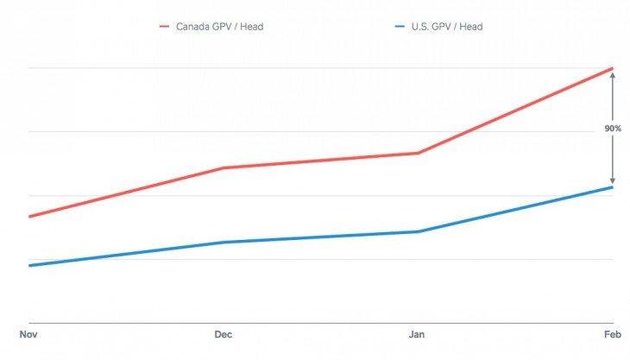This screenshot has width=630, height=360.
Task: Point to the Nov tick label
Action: [x=28, y=334]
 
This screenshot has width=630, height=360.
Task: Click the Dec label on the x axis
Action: [x=222, y=334]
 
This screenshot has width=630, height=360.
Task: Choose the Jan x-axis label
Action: [x=417, y=334]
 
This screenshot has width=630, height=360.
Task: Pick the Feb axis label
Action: [x=611, y=334]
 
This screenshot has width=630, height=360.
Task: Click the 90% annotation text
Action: [x=613, y=129]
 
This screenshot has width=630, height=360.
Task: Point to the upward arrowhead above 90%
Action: [x=613, y=75]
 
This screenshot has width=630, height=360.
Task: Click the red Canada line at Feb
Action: [x=612, y=68]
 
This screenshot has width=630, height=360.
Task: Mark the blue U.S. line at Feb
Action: [x=612, y=187]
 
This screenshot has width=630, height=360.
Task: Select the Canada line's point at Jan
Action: [x=418, y=153]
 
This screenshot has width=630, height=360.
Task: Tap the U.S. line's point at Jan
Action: [x=418, y=231]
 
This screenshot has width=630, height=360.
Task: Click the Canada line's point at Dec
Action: [x=223, y=167]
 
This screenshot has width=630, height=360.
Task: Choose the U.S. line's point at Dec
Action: [x=223, y=243]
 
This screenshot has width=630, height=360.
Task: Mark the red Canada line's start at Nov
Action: [x=29, y=217]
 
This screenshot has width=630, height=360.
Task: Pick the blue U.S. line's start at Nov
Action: [x=29, y=265]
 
